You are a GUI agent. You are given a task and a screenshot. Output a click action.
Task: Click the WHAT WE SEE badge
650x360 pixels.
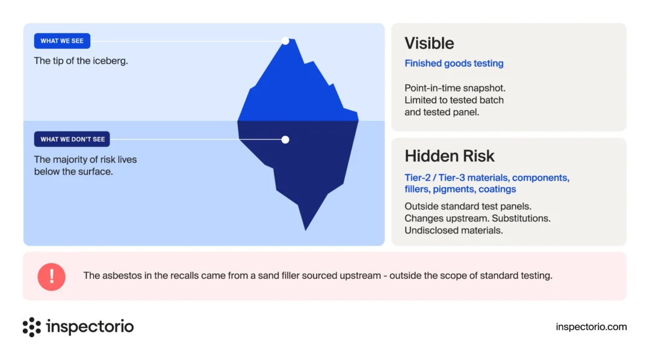(62, 41)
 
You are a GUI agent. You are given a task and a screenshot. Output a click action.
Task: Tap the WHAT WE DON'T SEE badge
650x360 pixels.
(72, 139)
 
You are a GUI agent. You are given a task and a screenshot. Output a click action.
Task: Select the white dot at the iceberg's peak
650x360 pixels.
(285, 41)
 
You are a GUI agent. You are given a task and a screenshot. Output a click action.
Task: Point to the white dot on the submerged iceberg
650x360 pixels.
(285, 140)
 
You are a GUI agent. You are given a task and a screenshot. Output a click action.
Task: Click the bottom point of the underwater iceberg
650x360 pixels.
(306, 230)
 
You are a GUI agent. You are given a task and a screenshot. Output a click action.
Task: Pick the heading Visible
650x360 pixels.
(429, 43)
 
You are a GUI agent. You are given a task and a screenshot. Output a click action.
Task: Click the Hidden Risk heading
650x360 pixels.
(450, 156)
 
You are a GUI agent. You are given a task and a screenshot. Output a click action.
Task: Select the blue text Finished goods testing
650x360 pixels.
(454, 63)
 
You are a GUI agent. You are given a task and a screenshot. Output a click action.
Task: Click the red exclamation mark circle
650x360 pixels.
(51, 277)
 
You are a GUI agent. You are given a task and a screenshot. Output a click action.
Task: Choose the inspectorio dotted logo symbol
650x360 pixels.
(32, 327)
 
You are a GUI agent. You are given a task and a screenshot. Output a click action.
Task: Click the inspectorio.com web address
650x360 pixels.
(591, 327)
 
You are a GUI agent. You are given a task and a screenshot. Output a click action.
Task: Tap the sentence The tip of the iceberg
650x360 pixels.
(81, 61)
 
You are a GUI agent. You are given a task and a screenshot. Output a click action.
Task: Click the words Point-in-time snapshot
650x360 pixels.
(455, 88)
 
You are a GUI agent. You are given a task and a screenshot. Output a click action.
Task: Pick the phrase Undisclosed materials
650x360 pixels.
(454, 231)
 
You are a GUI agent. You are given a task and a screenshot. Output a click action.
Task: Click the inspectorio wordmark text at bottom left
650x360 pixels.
(90, 326)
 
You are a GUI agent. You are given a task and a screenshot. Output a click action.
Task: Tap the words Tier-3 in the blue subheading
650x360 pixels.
(452, 178)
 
